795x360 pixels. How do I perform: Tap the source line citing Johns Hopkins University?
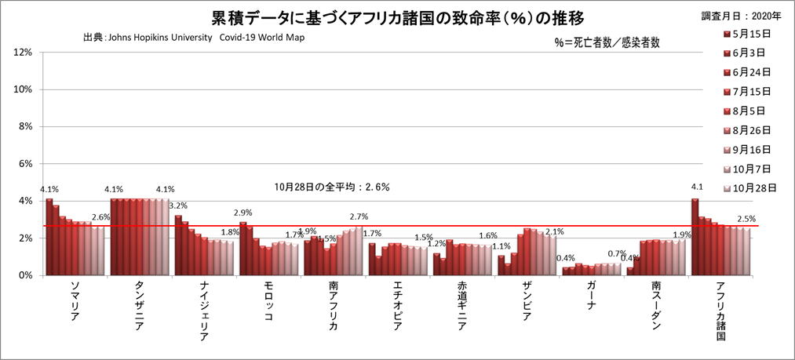click(x=193, y=38)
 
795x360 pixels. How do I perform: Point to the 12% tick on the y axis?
click(x=22, y=53)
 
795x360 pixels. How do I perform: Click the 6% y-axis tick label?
click(x=24, y=164)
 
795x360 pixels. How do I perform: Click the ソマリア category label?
click(x=74, y=304)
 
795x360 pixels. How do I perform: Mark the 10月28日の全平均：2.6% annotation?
click(x=332, y=187)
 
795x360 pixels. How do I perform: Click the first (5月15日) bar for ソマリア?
click(x=49, y=237)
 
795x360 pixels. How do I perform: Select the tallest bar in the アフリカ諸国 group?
click(x=695, y=237)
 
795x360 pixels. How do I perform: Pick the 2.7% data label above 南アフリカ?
click(x=358, y=216)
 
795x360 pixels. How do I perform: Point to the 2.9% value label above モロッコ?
click(x=243, y=213)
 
